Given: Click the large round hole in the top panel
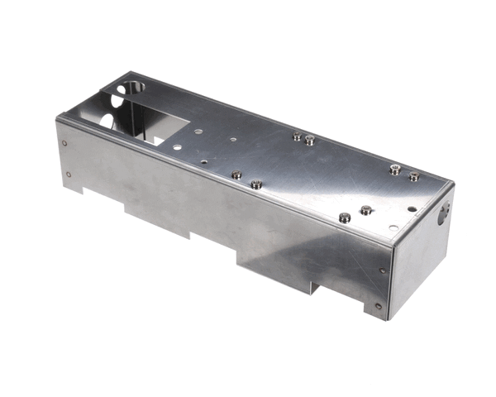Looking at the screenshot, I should pyautogui.click(x=132, y=88).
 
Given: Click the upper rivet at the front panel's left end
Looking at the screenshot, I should pyautogui.click(x=65, y=142).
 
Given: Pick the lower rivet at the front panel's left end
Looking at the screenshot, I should pyautogui.click(x=68, y=174).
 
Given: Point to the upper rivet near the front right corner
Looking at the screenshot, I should pyautogui.click(x=381, y=270).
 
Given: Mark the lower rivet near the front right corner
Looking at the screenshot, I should pyautogui.click(x=378, y=305).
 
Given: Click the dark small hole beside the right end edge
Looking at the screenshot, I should pyautogui.click(x=413, y=208).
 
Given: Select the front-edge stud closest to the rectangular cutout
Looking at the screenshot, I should pyautogui.click(x=236, y=175).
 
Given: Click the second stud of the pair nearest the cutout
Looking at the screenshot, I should pyautogui.click(x=257, y=184).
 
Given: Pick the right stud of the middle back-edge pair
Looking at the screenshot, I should pyautogui.click(x=310, y=141).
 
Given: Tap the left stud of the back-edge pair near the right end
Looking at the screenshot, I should pyautogui.click(x=396, y=170).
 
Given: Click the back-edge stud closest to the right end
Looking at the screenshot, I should pyautogui.click(x=413, y=176).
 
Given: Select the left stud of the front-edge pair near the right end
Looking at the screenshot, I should pyautogui.click(x=345, y=218).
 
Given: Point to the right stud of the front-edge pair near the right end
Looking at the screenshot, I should pyautogui.click(x=366, y=210).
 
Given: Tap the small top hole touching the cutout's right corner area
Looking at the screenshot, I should pyautogui.click(x=177, y=144).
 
